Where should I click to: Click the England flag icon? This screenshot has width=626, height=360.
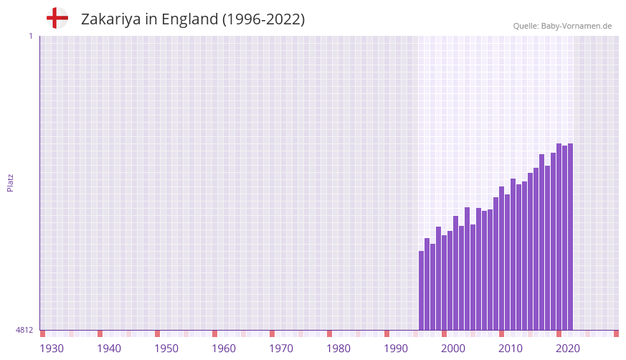[57, 18]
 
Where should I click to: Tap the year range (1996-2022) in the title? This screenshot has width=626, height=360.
[263, 19]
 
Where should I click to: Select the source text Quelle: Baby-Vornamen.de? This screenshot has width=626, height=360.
[562, 26]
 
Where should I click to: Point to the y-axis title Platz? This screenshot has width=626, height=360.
[10, 182]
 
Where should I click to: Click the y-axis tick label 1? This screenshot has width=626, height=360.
[30, 36]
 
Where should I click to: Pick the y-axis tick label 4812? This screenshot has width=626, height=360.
[24, 330]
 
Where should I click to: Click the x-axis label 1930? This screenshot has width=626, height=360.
[52, 349]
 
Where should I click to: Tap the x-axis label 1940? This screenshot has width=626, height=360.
[109, 349]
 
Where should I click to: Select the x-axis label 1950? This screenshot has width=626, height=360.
[166, 349]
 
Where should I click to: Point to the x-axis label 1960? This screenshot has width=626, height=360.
[224, 349]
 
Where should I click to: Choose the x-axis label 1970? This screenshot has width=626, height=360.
[281, 349]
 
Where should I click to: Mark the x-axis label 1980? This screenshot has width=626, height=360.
[338, 349]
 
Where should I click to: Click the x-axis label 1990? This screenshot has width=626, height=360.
[396, 349]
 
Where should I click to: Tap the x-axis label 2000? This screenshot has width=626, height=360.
[453, 349]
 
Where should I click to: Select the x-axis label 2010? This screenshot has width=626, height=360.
[511, 349]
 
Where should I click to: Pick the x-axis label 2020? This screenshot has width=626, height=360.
[568, 349]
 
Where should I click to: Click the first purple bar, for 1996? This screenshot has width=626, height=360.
[422, 290]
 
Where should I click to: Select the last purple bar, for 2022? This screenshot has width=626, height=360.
[570, 237]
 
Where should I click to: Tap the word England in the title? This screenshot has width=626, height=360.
[189, 19]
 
